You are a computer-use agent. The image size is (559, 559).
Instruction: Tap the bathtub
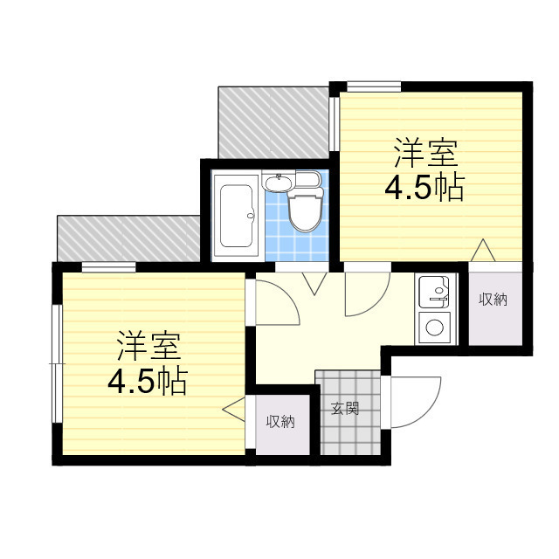click(236, 216)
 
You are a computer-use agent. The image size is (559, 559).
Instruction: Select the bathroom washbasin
click(278, 183)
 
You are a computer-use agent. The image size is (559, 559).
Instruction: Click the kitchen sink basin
click(434, 292)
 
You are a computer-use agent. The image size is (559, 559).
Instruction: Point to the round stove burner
click(434, 328)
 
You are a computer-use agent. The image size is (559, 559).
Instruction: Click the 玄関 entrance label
click(344, 408)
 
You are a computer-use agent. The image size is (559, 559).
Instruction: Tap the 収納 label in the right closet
click(493, 300)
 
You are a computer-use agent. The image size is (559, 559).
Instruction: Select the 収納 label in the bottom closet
click(280, 421)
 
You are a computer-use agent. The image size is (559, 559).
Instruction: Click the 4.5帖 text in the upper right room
click(424, 187)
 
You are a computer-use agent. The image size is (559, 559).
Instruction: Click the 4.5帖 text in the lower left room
click(148, 381)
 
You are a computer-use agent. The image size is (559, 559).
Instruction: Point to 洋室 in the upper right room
click(425, 154)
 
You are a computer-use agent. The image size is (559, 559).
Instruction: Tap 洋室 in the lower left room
click(148, 346)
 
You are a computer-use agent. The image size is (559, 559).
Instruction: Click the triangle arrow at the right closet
click(483, 250)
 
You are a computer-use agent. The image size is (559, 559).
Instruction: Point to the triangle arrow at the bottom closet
click(234, 409)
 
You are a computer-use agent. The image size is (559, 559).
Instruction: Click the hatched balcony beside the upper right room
click(273, 122)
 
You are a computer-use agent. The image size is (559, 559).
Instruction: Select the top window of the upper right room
click(374, 86)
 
